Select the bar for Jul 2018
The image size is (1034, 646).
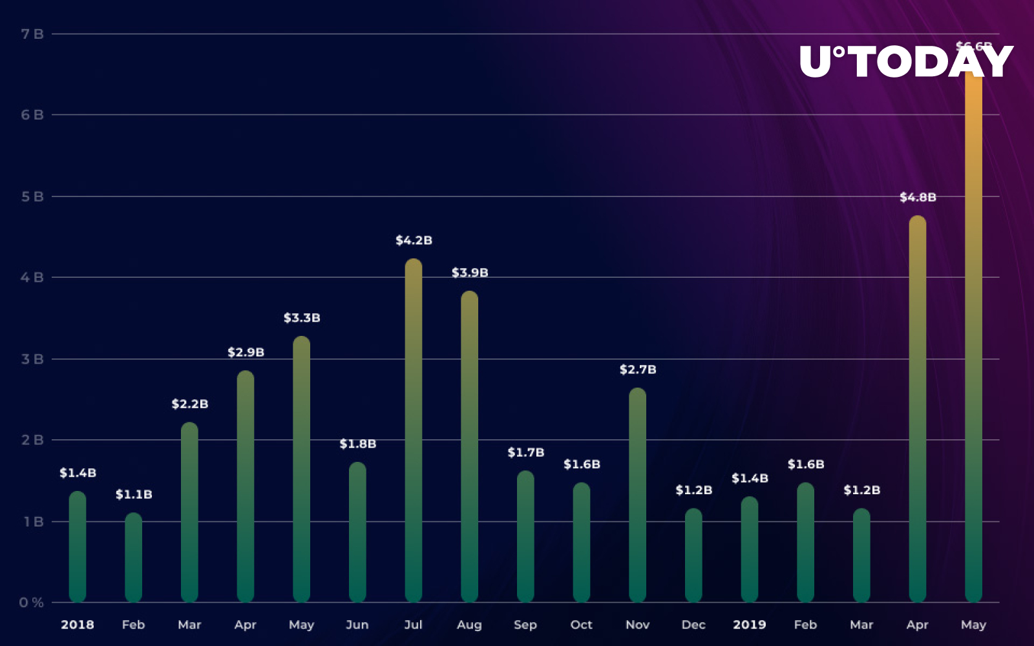[414, 430]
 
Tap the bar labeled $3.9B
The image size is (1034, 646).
[470, 446]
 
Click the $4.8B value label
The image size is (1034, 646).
[918, 197]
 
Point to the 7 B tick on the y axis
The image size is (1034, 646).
[32, 34]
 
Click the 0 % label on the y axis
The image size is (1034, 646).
[31, 603]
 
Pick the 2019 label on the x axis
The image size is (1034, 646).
[750, 625]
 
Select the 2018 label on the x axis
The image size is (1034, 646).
[78, 625]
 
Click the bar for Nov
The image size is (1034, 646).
[637, 494]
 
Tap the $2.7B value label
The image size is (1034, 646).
[638, 370]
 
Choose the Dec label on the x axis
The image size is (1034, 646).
[693, 625]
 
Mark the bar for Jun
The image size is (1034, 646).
[357, 532]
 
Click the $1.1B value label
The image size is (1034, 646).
[134, 494]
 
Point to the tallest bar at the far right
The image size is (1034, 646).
[973, 336]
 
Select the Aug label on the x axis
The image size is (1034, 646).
[469, 625]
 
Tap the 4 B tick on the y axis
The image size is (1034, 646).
[32, 278]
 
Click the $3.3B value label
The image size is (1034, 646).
[302, 318]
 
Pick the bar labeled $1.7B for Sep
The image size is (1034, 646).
[525, 536]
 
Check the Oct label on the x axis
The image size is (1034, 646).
[581, 625]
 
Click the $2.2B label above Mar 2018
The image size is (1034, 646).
[189, 404]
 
